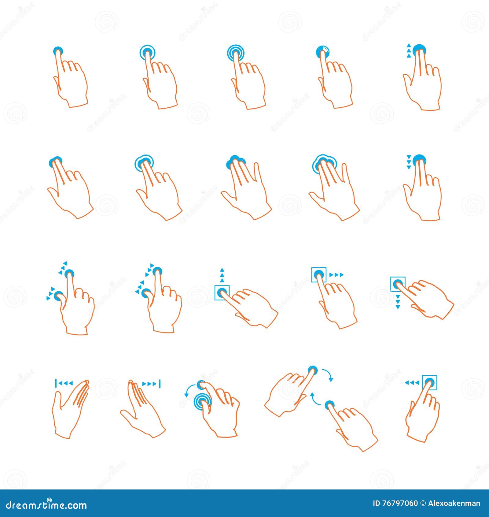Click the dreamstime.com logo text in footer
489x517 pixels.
(x=46, y=505)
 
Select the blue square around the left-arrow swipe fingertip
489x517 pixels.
(x=429, y=382)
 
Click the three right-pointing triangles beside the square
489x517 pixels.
(x=336, y=275)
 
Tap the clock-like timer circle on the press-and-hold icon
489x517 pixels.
(x=323, y=51)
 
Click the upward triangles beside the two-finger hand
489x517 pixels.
(x=408, y=51)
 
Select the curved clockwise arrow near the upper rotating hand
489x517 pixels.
(x=328, y=374)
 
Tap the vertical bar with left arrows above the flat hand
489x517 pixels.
(x=64, y=383)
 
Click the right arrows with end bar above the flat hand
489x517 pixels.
(x=152, y=384)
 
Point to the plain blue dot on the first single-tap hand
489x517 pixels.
(x=58, y=51)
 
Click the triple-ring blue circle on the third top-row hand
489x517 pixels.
(x=236, y=52)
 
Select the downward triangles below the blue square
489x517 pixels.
(x=398, y=301)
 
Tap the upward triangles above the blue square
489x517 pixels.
(x=222, y=275)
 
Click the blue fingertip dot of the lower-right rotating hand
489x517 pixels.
(x=329, y=404)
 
